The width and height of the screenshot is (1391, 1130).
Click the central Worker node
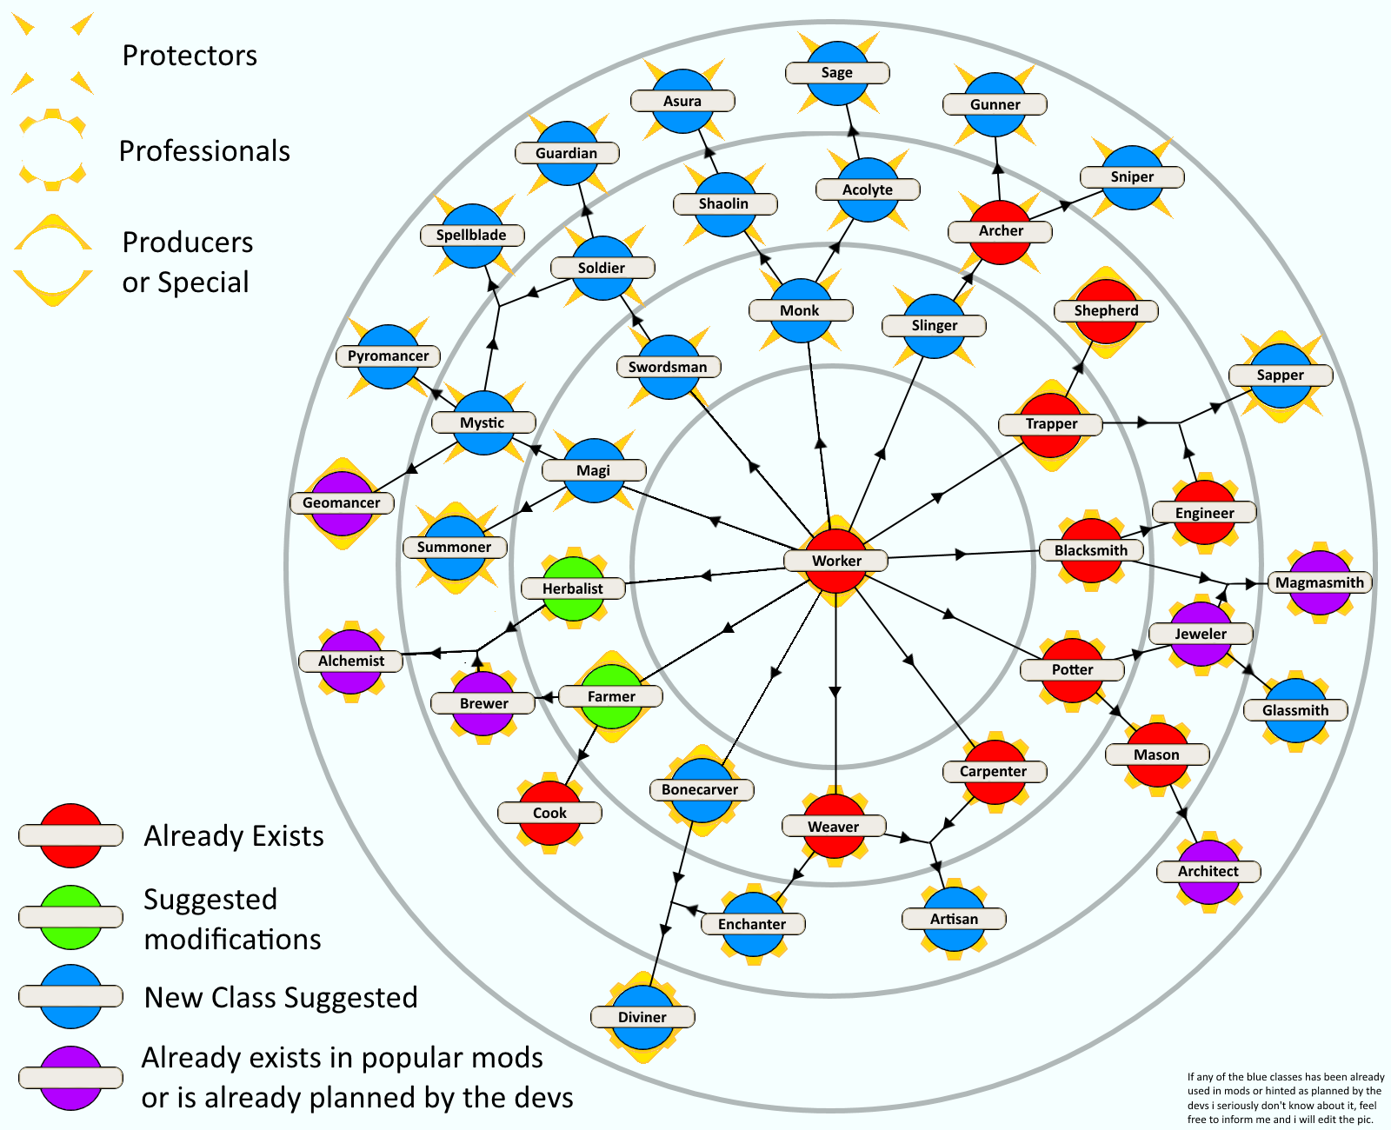click(x=836, y=561)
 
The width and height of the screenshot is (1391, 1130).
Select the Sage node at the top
click(x=837, y=73)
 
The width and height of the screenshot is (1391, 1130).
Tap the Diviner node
click(x=642, y=1017)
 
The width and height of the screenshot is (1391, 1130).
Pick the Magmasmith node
click(x=1320, y=582)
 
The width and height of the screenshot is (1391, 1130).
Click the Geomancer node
click(x=342, y=502)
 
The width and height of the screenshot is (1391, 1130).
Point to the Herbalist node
click(x=573, y=588)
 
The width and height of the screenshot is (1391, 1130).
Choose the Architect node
click(x=1208, y=871)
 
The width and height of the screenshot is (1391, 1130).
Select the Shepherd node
click(x=1106, y=310)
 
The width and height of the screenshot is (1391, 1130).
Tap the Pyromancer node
click(x=389, y=356)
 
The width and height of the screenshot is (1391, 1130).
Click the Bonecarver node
click(x=700, y=789)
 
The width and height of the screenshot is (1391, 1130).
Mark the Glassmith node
click(x=1295, y=710)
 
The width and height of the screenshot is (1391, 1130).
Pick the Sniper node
click(x=1132, y=177)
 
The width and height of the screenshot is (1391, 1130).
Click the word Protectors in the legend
click(x=190, y=56)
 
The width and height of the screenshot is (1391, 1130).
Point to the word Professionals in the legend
click(x=204, y=151)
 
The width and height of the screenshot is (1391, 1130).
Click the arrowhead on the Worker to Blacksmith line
click(x=961, y=554)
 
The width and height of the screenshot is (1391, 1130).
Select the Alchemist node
click(x=351, y=661)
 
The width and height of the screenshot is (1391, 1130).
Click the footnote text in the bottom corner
click(x=1285, y=1098)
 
